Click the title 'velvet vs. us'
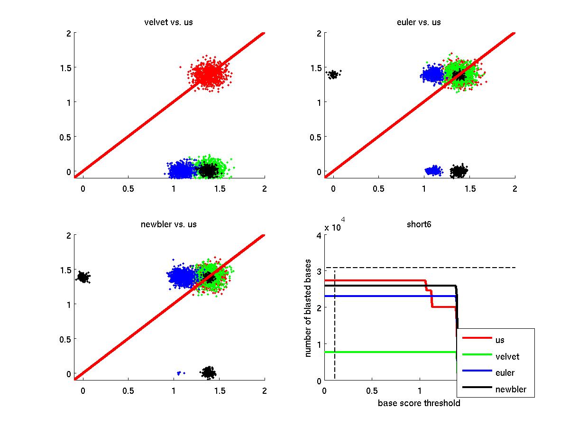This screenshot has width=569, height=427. pos(168,22)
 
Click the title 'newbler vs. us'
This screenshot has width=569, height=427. pos(168,224)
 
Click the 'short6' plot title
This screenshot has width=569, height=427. pos(419,224)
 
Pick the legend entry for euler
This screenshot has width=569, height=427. pos(505,373)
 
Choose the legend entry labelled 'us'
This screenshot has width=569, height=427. pos(500,340)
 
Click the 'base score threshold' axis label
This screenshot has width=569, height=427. pos(419,403)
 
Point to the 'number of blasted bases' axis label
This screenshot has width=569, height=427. pos(308,308)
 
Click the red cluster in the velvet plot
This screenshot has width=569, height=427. pos(208,74)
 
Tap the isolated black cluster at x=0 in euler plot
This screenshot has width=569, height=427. pos(333,74)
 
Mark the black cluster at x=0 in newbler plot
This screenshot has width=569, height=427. pos(83,277)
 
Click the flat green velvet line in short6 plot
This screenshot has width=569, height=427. pos(389,352)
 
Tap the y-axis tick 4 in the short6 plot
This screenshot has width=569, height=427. pos(319,235)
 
